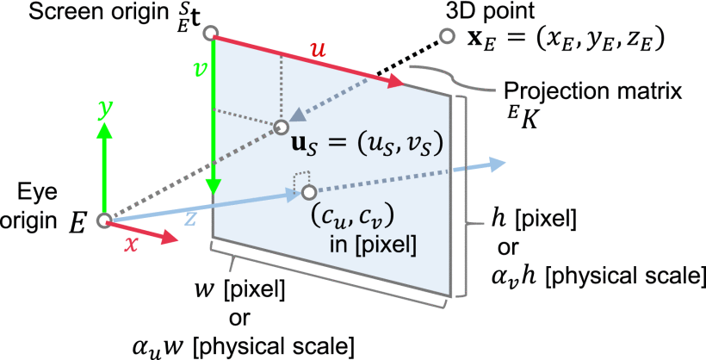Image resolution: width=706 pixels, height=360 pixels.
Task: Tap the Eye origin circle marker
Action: coord(103,220)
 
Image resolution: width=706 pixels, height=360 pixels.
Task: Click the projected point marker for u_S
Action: coord(281,127)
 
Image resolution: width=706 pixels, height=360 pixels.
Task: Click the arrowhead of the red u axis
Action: coord(397,82)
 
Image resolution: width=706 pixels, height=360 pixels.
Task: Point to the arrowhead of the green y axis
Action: coord(103,130)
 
